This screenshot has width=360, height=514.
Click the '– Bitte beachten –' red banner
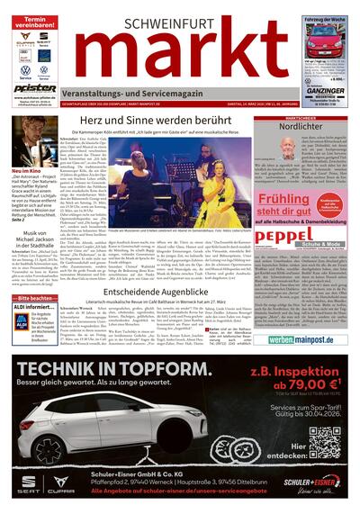(x=34, y=298)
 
